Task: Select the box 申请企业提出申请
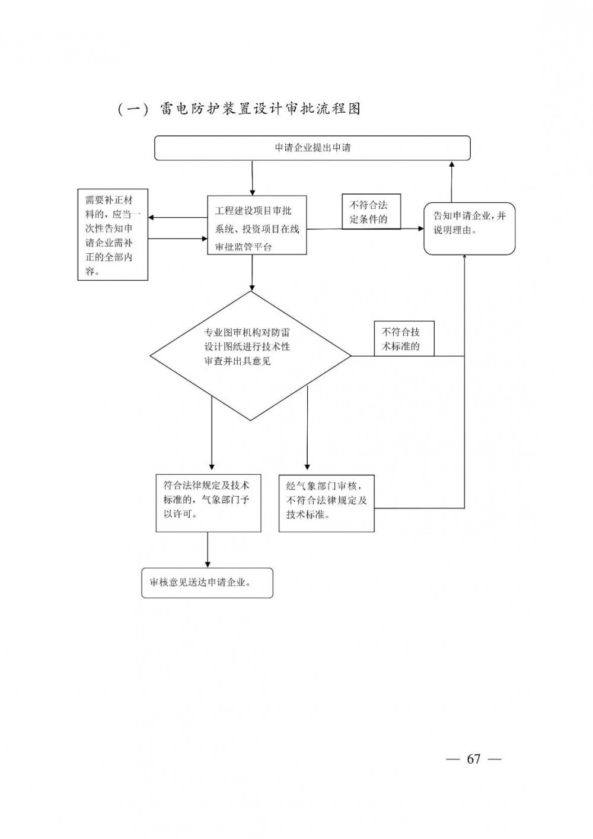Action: (x=313, y=148)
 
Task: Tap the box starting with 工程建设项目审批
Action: (x=257, y=225)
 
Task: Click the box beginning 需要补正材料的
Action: (x=113, y=235)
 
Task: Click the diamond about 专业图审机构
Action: (x=250, y=356)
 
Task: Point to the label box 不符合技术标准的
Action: (x=404, y=339)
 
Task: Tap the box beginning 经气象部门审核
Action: (x=326, y=503)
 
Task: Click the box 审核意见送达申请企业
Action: (x=208, y=583)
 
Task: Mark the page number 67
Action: (x=473, y=759)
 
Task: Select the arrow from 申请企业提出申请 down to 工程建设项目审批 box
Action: (x=253, y=177)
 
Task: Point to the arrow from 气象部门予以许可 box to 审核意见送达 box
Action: (x=208, y=549)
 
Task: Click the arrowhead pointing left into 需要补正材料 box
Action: (x=152, y=218)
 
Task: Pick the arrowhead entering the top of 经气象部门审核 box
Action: (x=307, y=465)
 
